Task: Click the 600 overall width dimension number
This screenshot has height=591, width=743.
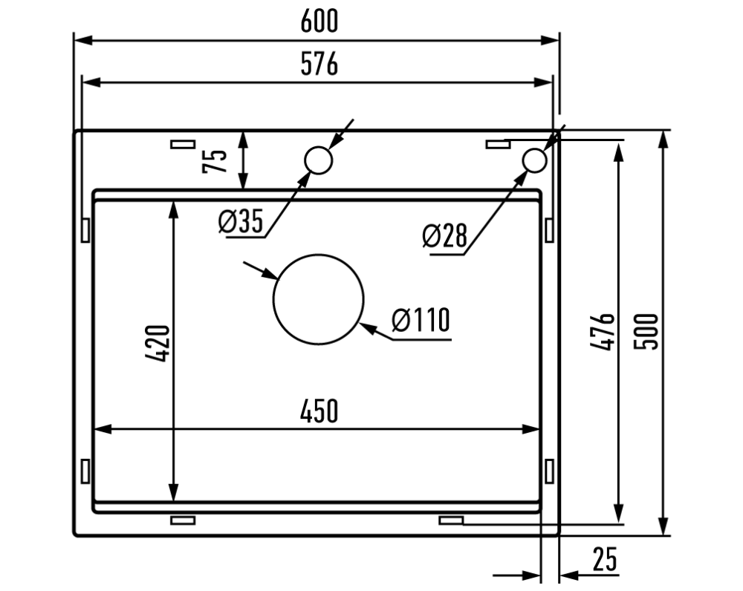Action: point(319,22)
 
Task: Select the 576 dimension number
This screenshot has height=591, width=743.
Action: point(319,64)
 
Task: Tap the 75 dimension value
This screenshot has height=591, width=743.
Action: point(215,161)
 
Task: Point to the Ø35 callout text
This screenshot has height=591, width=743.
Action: point(240,221)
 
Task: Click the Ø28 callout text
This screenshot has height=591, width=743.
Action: point(444,235)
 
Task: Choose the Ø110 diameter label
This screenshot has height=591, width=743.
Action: point(421,320)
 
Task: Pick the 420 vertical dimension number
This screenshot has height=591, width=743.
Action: point(158,344)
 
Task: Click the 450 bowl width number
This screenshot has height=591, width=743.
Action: point(319,411)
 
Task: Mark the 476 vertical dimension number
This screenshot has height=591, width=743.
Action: point(603,331)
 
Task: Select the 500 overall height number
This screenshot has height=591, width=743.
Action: point(646,331)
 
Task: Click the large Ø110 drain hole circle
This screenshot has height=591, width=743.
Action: point(319,255)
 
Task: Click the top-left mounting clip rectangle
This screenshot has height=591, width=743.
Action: point(183,144)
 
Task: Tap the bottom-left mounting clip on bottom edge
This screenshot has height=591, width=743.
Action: point(183,520)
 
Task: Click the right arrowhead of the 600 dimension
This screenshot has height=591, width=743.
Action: point(551,40)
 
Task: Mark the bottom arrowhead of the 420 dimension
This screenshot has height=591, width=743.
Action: point(174,492)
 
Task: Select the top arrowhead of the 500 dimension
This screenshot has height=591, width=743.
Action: point(664,140)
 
